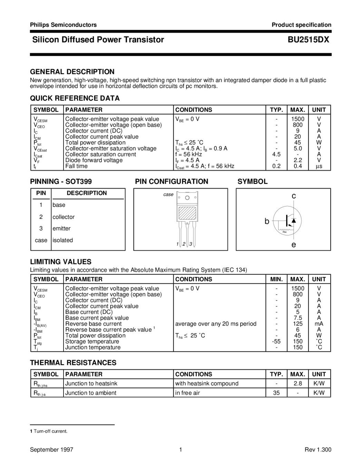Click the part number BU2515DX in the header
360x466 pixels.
click(x=309, y=40)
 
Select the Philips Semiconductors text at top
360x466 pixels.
click(x=63, y=25)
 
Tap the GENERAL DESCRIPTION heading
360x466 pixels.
click(x=72, y=72)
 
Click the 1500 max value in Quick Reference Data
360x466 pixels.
click(x=298, y=119)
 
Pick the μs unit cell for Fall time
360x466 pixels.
click(x=319, y=166)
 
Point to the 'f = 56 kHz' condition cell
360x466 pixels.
click(x=188, y=154)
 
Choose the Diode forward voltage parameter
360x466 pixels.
click(x=94, y=160)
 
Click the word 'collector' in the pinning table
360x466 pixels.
click(x=64, y=217)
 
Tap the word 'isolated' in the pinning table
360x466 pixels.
click(x=62, y=240)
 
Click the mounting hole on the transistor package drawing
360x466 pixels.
click(x=187, y=198)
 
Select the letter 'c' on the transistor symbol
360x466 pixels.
click(x=294, y=196)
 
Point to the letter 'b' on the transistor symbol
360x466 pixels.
click(x=267, y=221)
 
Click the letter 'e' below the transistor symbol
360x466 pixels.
click(x=294, y=245)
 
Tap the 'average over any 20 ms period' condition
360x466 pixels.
click(x=216, y=324)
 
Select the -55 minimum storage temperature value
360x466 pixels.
click(x=276, y=341)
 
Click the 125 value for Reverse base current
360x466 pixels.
click(x=298, y=324)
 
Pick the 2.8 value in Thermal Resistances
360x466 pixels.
click(x=298, y=384)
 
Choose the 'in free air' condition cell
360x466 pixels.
click(x=187, y=393)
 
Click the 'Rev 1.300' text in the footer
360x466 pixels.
click(x=318, y=449)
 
